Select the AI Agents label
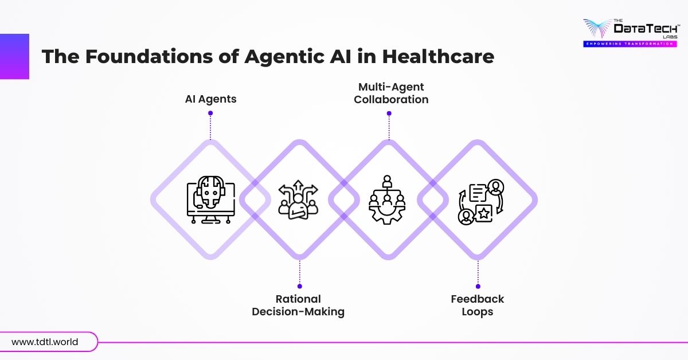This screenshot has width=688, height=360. point(210,99)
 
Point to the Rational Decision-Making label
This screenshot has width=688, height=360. point(298,306)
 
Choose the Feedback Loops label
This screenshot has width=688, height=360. point(477,306)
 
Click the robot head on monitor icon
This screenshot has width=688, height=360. point(210,199)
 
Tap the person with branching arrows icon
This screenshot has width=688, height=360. point(298,200)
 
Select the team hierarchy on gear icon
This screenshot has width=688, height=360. point(387,199)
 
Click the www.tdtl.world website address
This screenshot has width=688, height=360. point(45,342)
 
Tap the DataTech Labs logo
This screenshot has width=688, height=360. point(628,29)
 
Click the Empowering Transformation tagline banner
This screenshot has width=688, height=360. point(628,44)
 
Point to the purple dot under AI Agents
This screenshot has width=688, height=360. point(210,113)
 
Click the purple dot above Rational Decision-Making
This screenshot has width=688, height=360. point(299,285)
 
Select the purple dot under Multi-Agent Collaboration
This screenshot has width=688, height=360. point(389,113)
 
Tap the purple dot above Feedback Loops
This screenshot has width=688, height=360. point(478,285)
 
